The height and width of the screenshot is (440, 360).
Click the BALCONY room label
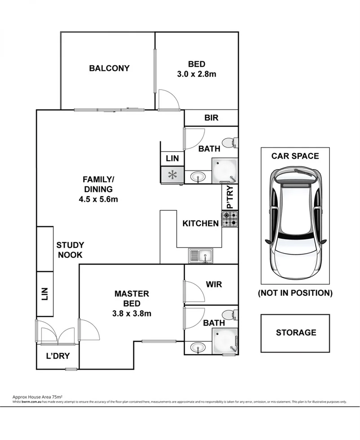109,68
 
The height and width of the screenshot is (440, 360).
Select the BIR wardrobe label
211,118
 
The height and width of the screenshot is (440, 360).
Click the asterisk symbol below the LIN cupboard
172,175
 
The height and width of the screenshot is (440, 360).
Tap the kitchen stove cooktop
230,218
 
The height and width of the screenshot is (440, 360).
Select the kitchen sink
202,256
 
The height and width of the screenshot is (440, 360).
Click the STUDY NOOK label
70,250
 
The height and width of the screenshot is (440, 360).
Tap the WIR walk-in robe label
214,284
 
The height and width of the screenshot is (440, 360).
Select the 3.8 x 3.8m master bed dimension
132,314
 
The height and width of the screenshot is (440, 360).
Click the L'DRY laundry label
57,357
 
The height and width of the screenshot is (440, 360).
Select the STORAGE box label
295,332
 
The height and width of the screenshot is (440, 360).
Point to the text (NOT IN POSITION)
295,293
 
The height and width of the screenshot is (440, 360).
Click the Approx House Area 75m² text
37,397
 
